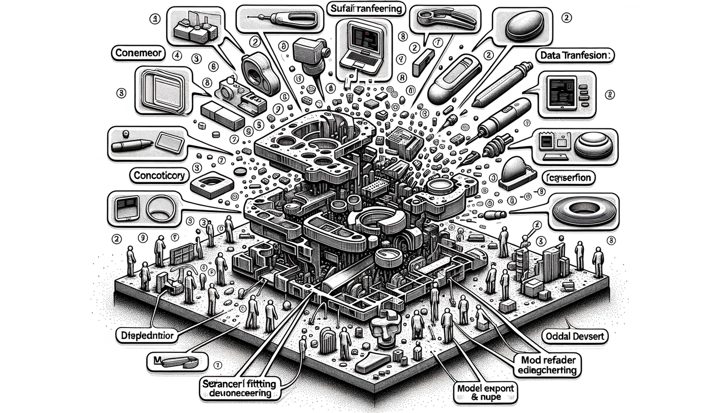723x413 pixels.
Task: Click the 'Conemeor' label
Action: coord(138,53)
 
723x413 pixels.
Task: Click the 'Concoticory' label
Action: coord(159,175)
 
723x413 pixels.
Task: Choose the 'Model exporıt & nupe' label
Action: coord(485,392)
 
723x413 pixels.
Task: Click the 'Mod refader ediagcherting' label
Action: coord(547,366)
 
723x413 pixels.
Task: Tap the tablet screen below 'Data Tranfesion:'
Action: coord(562,93)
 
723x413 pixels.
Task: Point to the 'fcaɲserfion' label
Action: coord(568,178)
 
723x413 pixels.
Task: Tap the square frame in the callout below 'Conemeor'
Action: coord(161,90)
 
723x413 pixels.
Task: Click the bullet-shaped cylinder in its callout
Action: coord(131,145)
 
